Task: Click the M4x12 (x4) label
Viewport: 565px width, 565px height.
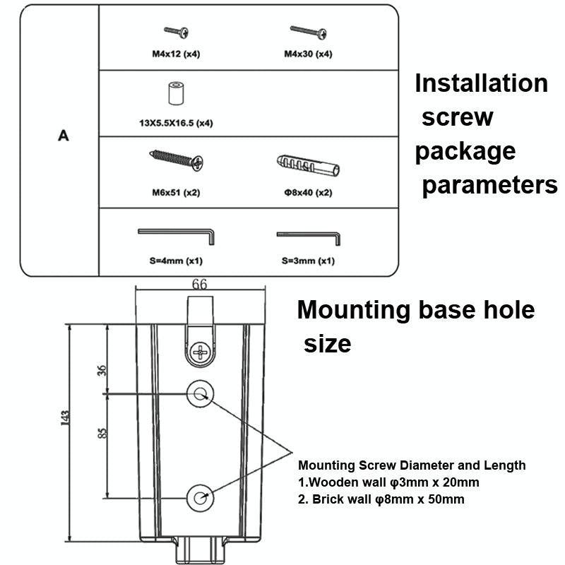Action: pos(175,54)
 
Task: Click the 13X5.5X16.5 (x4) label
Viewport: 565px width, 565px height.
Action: pos(175,123)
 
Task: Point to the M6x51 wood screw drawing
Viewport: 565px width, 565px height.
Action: pos(177,160)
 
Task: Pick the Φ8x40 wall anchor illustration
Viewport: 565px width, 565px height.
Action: pos(308,167)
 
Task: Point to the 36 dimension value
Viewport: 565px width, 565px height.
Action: pos(102,369)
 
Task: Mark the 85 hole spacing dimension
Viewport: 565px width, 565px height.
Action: pos(102,433)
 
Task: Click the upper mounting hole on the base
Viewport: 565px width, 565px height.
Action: pos(200,394)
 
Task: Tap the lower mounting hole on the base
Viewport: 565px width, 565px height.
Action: pos(200,497)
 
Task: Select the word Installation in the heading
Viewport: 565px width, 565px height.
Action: pos(481,83)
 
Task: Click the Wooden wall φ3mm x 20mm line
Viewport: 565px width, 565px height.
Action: pos(388,482)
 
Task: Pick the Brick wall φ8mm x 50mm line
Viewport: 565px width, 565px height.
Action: pos(381,499)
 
